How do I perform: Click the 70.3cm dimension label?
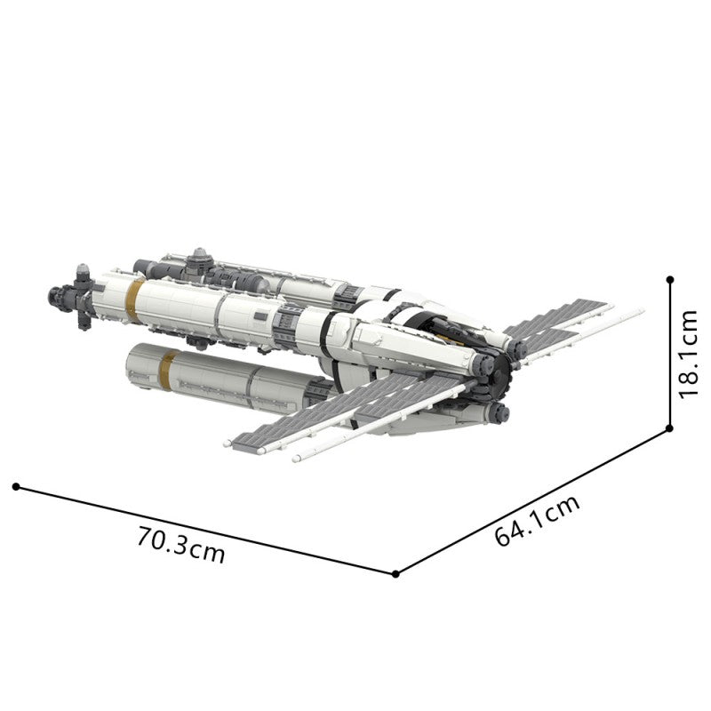click(181, 545)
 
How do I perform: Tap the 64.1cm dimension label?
click(537, 520)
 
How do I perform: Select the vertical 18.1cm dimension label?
click(687, 355)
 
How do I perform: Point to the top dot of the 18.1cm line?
click(670, 280)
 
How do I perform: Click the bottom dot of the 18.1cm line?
click(669, 428)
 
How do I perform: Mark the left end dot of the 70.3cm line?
click(16, 486)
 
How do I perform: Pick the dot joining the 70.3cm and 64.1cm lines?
click(395, 574)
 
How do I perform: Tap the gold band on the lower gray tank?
click(167, 370)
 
